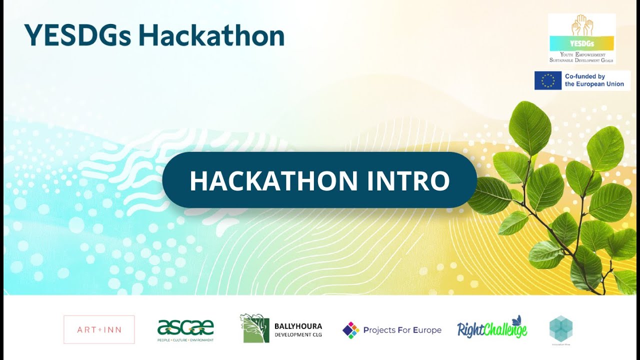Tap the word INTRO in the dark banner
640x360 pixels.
coord(408,180)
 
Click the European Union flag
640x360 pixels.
coord(547,80)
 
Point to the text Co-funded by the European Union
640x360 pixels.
coord(594,80)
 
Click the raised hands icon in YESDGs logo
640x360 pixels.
coord(581,25)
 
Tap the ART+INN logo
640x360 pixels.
coord(99,329)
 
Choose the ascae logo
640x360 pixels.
coord(185,327)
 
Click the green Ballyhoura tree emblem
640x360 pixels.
coord(255,328)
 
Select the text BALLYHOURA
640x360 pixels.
coord(298,326)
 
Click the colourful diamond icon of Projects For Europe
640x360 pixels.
coord(350,330)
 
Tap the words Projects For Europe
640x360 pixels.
coord(402,330)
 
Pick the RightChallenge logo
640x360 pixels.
coord(491,330)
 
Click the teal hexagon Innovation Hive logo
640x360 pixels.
coord(560,328)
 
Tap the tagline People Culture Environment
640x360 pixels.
coord(185,340)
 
